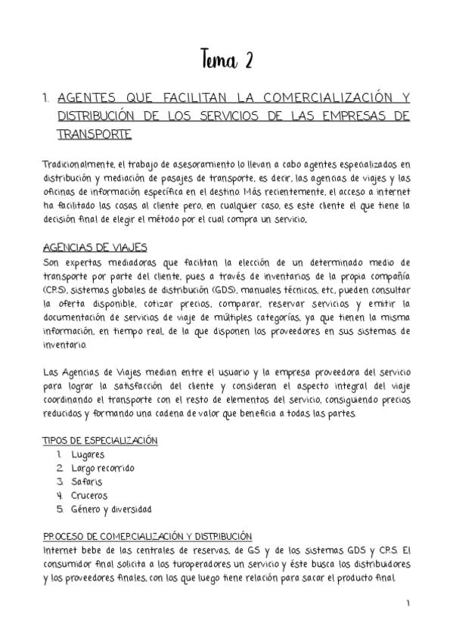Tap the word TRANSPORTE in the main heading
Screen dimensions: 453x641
(x=95, y=135)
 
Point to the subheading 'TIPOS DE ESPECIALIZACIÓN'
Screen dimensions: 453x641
(x=100, y=441)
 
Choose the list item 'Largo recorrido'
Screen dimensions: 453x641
(x=103, y=468)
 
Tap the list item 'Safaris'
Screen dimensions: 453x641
(x=87, y=482)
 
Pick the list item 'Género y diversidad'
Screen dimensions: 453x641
(x=111, y=509)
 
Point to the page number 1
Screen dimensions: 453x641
(x=408, y=602)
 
